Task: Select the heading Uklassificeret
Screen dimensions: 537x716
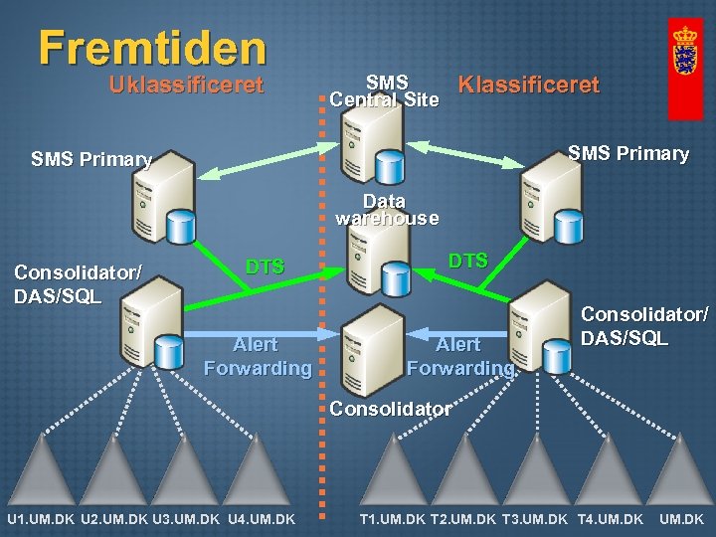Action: pyautogui.click(x=186, y=85)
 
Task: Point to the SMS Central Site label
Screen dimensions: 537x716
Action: pyautogui.click(x=385, y=89)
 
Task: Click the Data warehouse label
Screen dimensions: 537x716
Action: pyautogui.click(x=386, y=210)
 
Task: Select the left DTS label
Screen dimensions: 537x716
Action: pyautogui.click(x=266, y=267)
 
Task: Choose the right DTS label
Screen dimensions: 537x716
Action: pyautogui.click(x=467, y=261)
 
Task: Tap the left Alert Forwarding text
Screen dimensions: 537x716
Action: pyautogui.click(x=257, y=356)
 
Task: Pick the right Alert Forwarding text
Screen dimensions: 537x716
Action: pyautogui.click(x=459, y=356)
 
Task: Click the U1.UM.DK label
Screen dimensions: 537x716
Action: pyautogui.click(x=41, y=519)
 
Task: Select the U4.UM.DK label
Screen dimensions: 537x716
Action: pyautogui.click(x=261, y=519)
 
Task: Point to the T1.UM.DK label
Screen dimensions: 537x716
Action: pyautogui.click(x=392, y=519)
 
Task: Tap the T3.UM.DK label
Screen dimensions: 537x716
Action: pyautogui.click(x=535, y=519)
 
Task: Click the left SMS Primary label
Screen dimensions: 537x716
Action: pyautogui.click(x=91, y=159)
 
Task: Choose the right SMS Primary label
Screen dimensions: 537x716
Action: pyautogui.click(x=627, y=153)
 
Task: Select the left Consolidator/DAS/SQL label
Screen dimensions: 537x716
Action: pyautogui.click(x=78, y=283)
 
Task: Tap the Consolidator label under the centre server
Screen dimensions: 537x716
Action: pyautogui.click(x=391, y=409)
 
